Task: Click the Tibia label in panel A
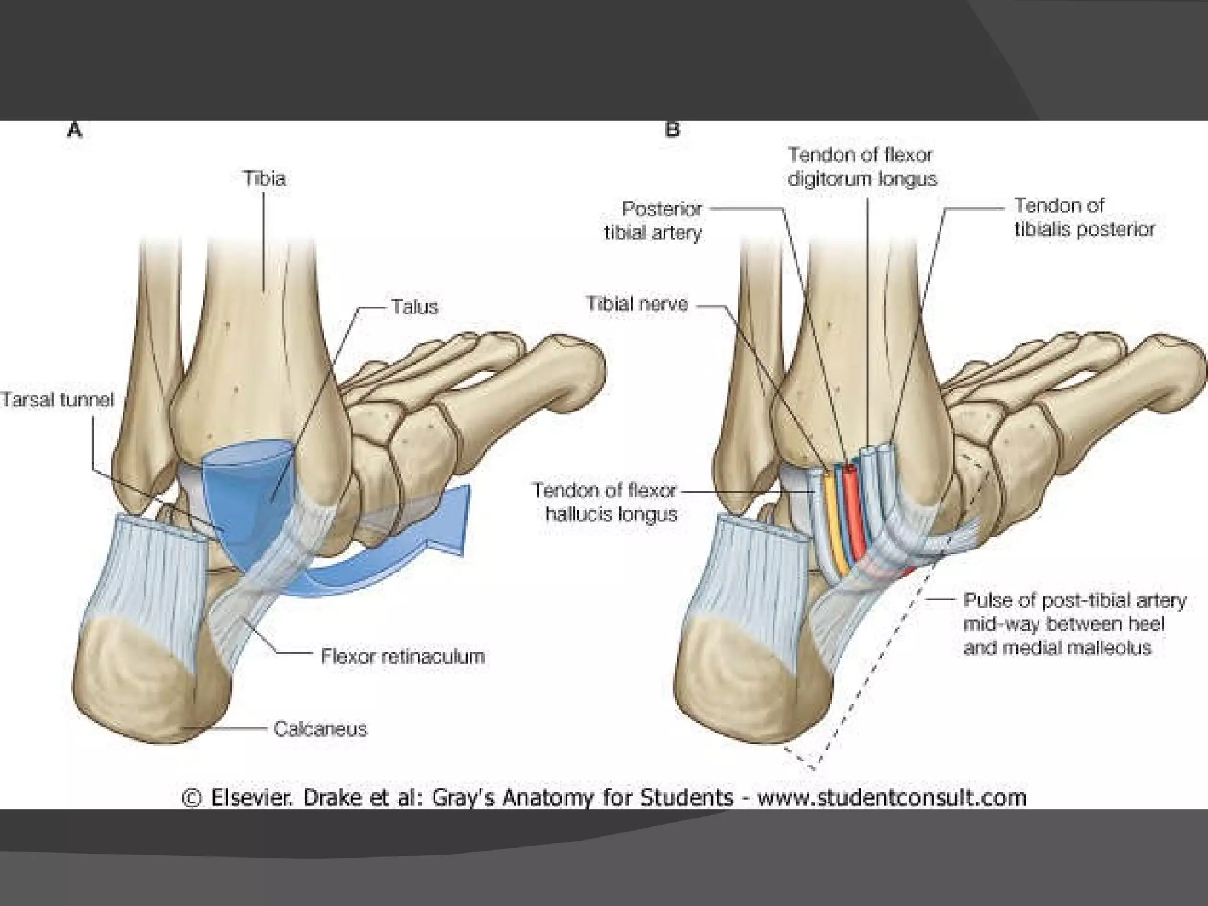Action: (x=264, y=178)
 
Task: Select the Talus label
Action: (x=415, y=307)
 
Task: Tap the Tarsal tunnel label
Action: (x=57, y=400)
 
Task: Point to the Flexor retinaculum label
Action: (x=403, y=656)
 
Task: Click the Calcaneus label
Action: (x=320, y=729)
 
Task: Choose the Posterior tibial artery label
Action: (x=654, y=221)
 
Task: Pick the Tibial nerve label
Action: (x=637, y=304)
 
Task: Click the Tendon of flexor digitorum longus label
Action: (x=862, y=167)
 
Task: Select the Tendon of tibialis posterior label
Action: (x=1084, y=217)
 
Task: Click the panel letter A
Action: (x=74, y=130)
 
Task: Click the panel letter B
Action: (x=672, y=130)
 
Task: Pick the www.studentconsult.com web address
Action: (x=892, y=797)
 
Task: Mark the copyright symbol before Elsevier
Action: (x=192, y=798)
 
